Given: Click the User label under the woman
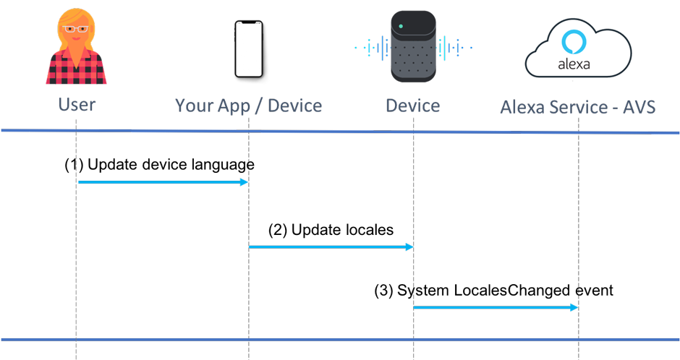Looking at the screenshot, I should (77, 105).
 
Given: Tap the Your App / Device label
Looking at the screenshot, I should (248, 106).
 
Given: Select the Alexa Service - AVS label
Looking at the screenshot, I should (578, 108).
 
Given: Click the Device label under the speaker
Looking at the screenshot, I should (412, 106).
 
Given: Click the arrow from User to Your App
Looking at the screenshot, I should (163, 182).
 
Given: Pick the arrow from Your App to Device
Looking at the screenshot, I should (331, 247).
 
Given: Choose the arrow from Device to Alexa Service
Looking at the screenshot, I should (496, 308).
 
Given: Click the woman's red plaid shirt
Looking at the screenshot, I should (77, 69).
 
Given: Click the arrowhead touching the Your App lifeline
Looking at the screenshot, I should (245, 182).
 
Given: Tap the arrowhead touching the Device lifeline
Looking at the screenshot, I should (409, 247).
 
